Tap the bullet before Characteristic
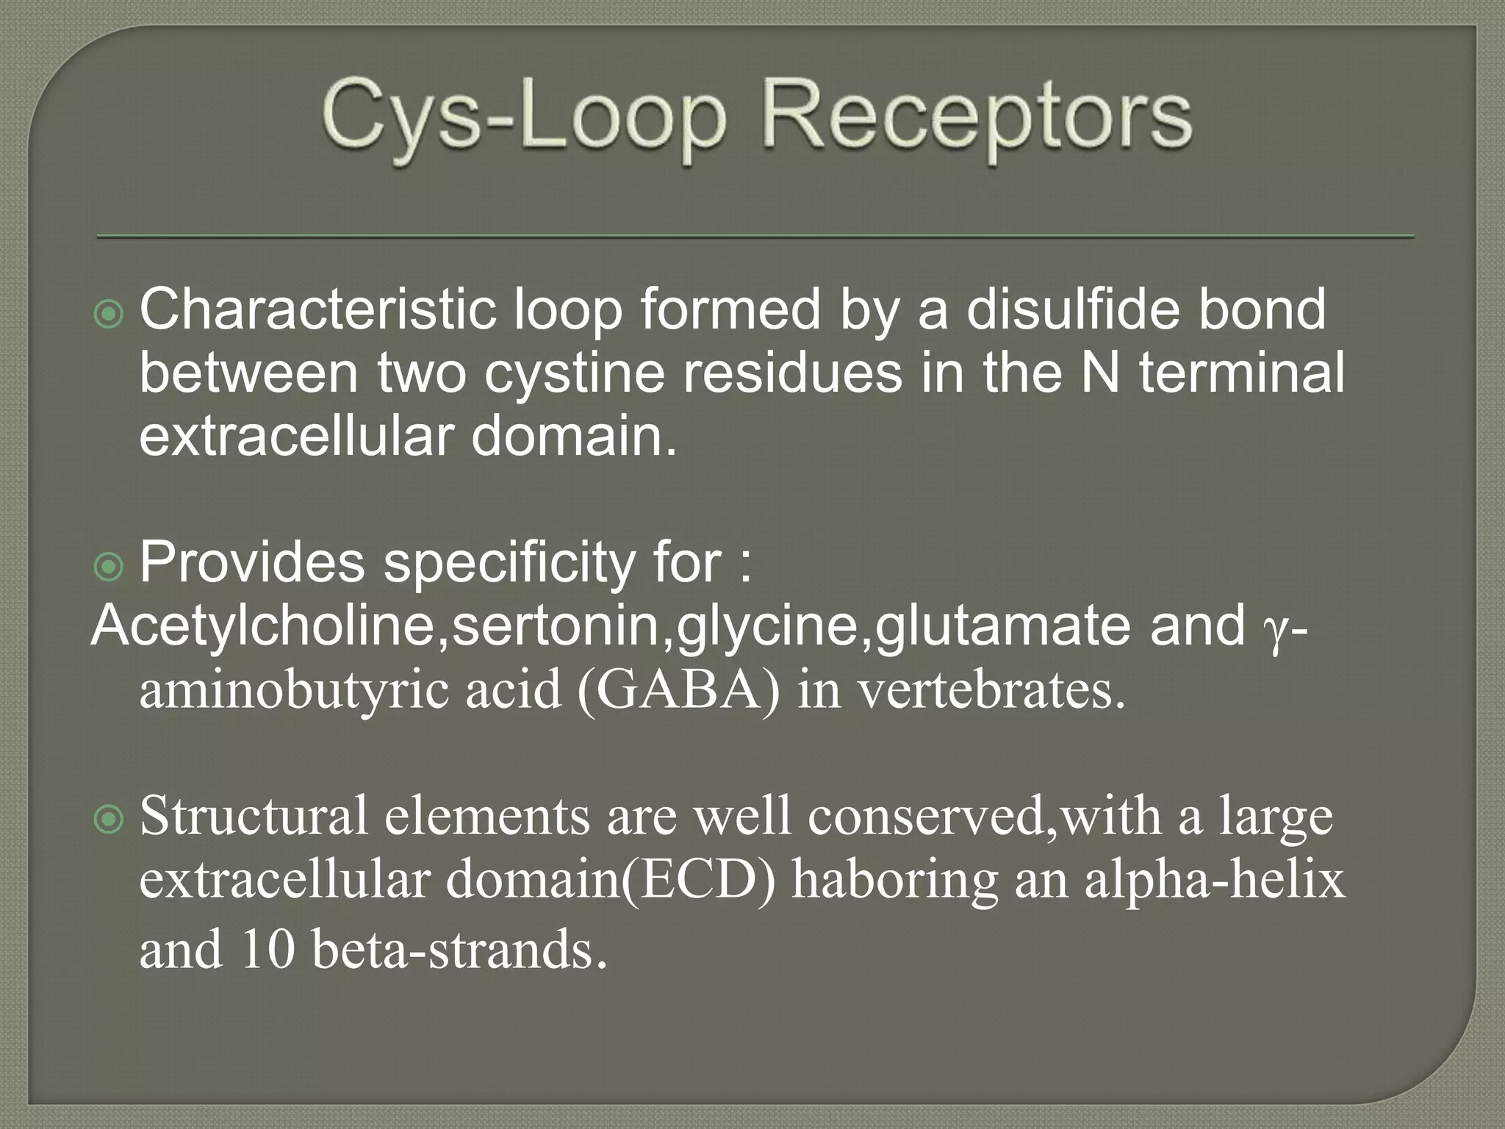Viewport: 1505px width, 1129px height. (x=109, y=315)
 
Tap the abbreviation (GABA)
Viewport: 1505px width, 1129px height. (x=678, y=690)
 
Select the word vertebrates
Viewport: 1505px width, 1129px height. (x=991, y=690)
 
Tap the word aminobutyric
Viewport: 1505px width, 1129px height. (x=293, y=692)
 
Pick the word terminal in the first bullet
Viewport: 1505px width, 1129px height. (x=1242, y=373)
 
